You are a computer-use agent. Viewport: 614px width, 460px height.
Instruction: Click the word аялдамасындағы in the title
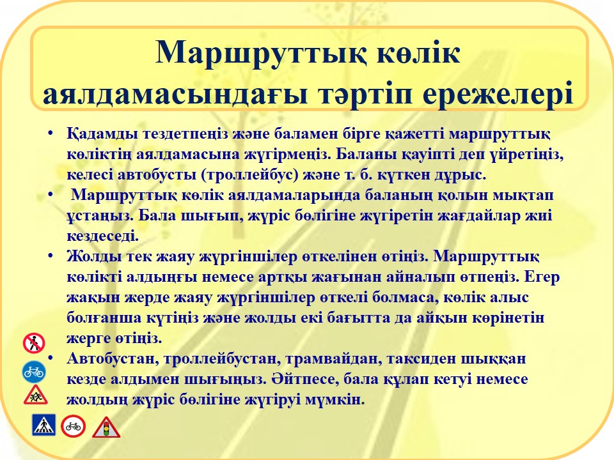click(175, 94)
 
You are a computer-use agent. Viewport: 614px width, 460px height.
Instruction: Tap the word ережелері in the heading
click(498, 95)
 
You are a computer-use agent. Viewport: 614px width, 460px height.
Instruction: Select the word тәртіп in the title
click(365, 95)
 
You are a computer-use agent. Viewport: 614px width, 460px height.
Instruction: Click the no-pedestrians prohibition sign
click(34, 344)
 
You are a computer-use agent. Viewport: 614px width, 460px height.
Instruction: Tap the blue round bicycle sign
click(34, 372)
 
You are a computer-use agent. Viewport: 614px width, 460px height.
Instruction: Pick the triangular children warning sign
click(35, 395)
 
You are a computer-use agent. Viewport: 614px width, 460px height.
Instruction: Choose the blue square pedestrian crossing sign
click(43, 425)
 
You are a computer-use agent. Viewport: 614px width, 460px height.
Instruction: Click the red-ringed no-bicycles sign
click(73, 426)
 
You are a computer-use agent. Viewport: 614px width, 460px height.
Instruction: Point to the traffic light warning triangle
click(106, 427)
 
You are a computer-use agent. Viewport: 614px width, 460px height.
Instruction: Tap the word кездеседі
click(102, 236)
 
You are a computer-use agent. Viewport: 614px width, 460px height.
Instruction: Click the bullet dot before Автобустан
click(50, 358)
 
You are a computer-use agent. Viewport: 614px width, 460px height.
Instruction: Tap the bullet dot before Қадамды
click(50, 134)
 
